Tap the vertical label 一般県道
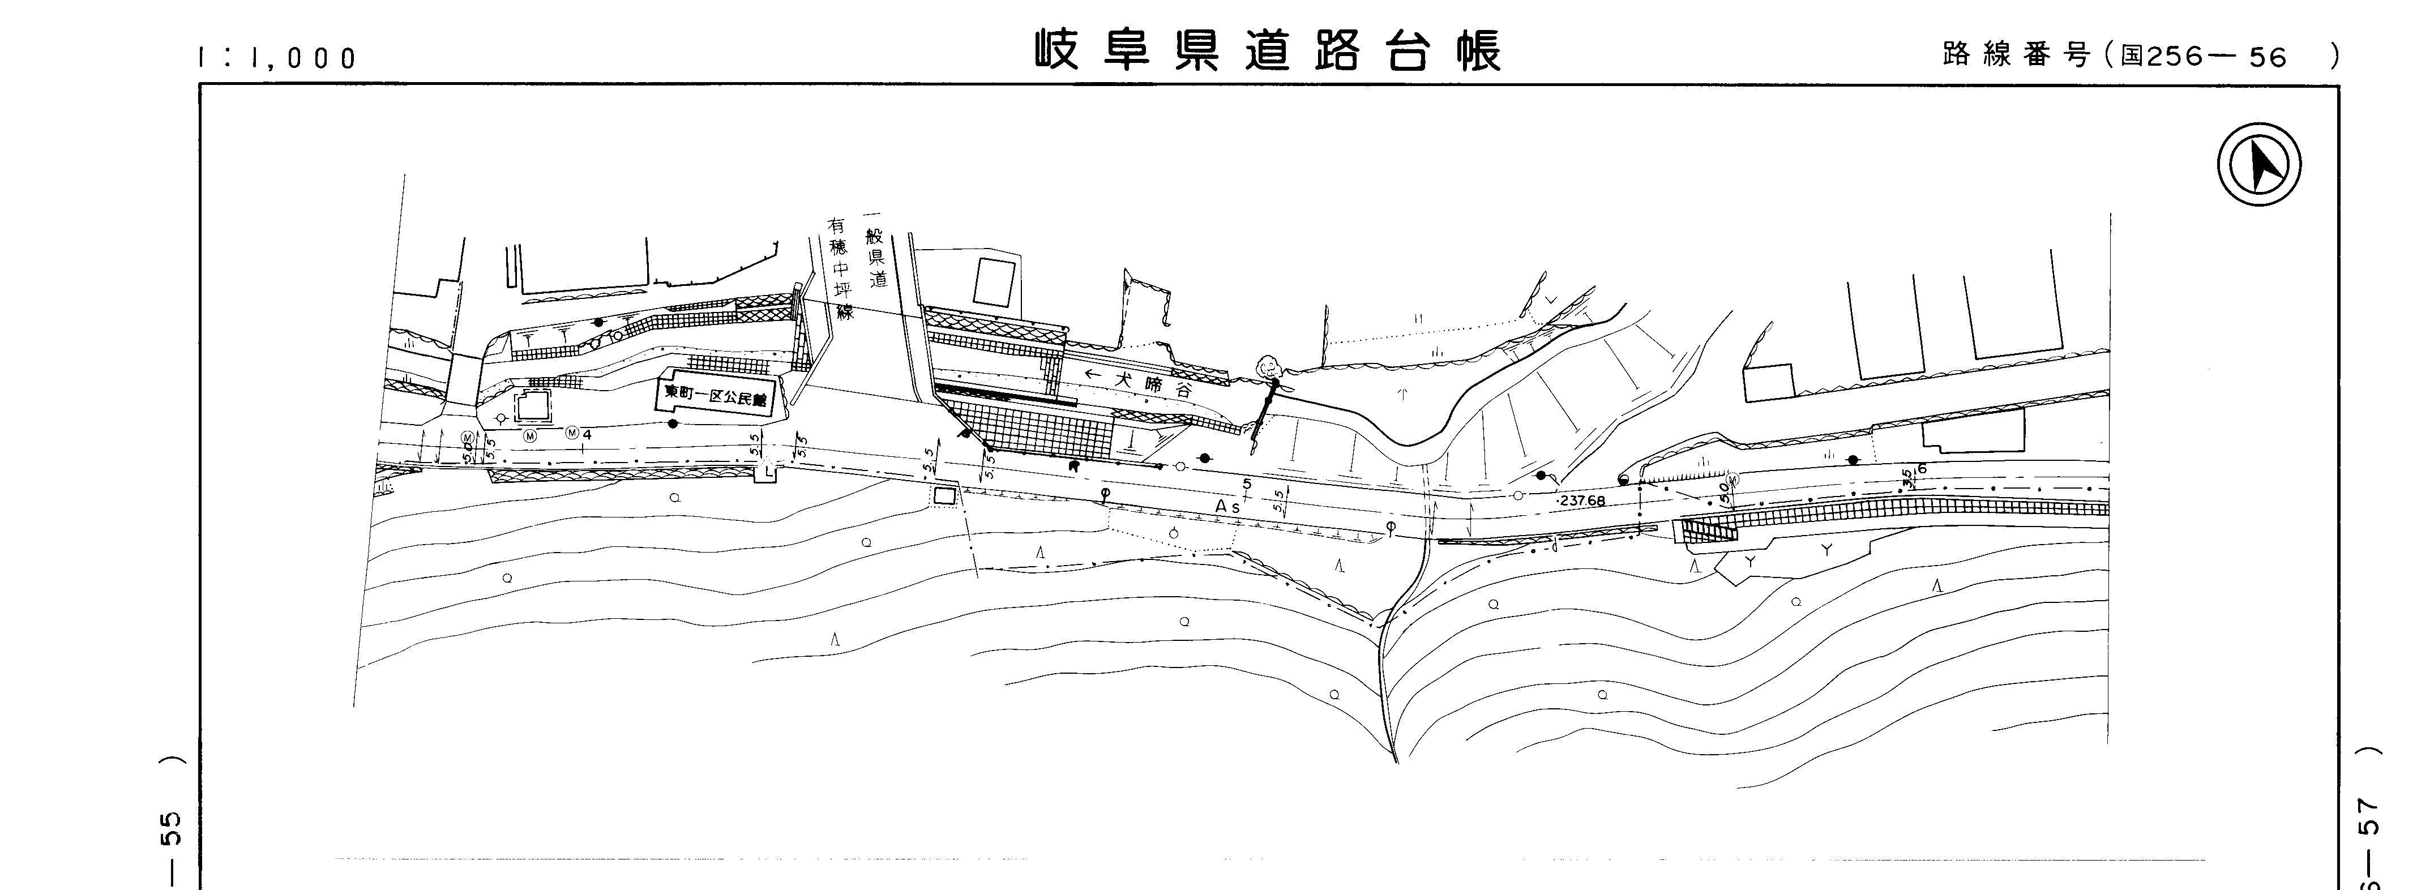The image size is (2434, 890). coord(875,255)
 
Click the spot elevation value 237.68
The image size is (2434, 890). coord(1582,500)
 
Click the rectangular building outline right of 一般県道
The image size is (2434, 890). coord(995,281)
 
